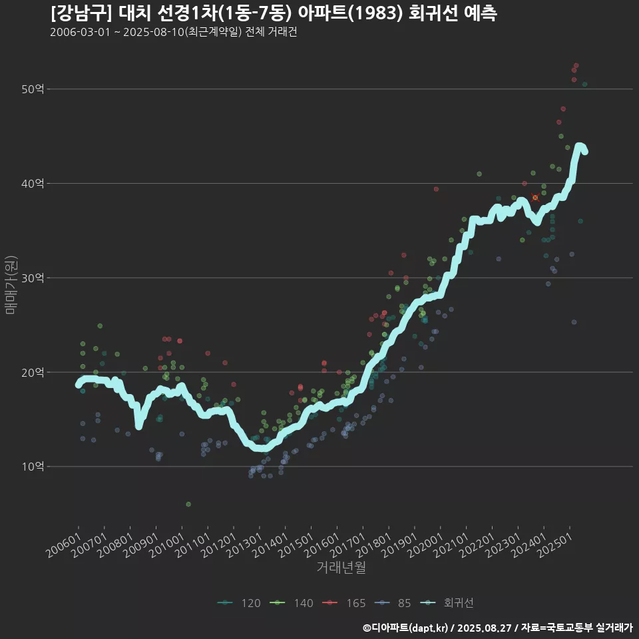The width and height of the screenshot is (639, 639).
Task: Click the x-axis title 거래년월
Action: pos(341,567)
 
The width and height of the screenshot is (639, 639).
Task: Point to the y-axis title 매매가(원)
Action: pos(11,284)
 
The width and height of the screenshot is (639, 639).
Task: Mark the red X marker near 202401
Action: pos(535,198)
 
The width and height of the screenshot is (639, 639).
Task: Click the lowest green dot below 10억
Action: pos(188,505)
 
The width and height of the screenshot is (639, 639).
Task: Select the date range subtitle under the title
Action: pos(173,33)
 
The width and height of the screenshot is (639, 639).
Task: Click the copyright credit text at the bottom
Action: pos(497,627)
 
